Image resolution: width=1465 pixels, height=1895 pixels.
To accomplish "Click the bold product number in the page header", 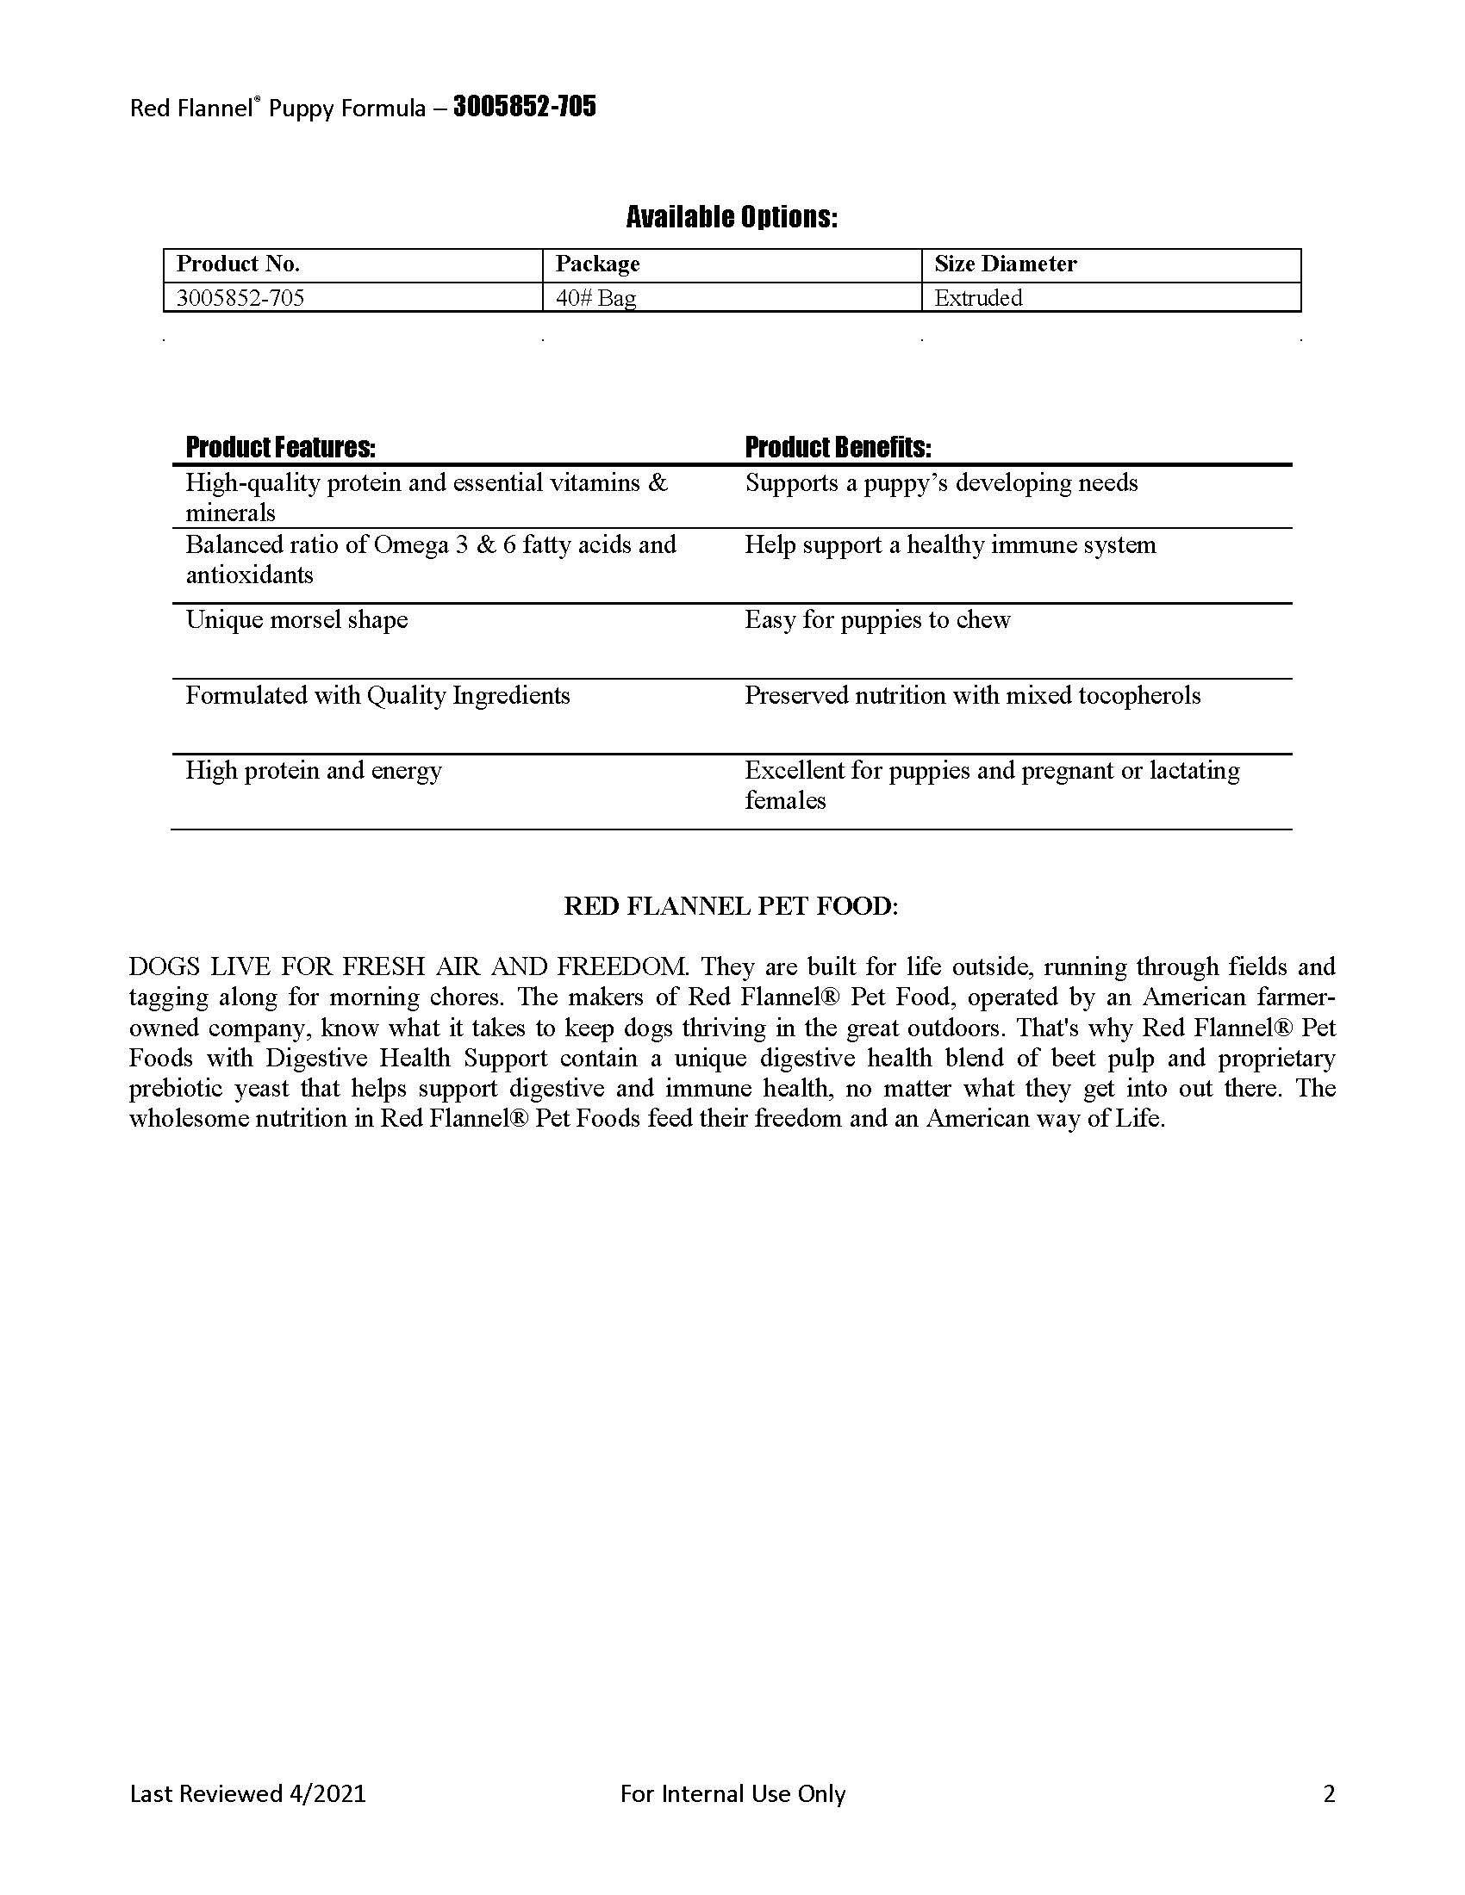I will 524,107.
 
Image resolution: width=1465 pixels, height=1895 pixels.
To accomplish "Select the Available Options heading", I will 732,217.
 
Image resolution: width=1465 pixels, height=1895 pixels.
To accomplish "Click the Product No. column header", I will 238,264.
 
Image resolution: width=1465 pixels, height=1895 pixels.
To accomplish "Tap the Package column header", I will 597,264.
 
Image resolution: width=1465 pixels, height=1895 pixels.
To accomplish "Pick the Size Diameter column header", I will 1005,264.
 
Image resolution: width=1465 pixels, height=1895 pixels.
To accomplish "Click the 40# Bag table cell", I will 595,298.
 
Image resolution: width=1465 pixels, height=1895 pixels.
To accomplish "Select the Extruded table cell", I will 978,298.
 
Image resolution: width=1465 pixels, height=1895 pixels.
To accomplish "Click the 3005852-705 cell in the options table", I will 240,298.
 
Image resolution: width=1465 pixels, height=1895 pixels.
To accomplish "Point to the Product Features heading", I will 280,448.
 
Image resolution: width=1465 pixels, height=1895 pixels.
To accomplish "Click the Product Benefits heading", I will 838,448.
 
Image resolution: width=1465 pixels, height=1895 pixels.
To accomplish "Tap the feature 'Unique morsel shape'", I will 296,619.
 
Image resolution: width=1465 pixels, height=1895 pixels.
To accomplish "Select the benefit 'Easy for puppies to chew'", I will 877,619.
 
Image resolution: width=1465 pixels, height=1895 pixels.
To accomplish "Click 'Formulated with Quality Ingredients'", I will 377,695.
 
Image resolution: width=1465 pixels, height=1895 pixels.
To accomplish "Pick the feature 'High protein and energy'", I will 314,771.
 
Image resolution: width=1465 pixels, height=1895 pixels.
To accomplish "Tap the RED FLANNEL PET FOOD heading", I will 732,906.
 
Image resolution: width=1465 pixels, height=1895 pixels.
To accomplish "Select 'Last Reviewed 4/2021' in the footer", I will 248,1793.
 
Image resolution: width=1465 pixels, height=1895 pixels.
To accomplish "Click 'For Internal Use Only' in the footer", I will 732,1793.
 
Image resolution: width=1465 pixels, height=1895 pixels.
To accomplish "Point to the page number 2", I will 1329,1793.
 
